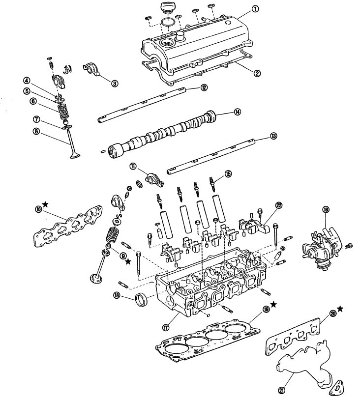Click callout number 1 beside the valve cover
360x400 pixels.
click(255, 8)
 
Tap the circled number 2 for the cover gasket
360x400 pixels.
click(256, 74)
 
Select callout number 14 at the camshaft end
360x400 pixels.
click(237, 112)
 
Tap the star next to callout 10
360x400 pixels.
click(45, 203)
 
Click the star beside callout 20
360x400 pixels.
click(340, 309)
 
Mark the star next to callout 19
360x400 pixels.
click(273, 305)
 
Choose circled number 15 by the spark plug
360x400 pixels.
click(228, 173)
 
